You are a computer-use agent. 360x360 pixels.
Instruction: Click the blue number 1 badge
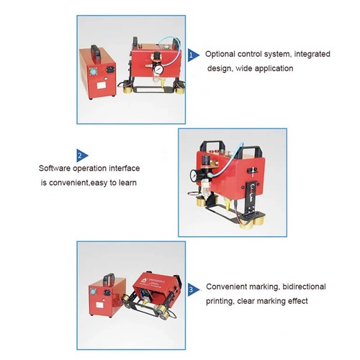click(192, 54)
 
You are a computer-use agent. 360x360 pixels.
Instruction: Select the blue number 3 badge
click(192, 289)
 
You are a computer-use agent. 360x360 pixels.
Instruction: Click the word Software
click(57, 168)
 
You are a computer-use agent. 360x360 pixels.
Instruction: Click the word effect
click(297, 301)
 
